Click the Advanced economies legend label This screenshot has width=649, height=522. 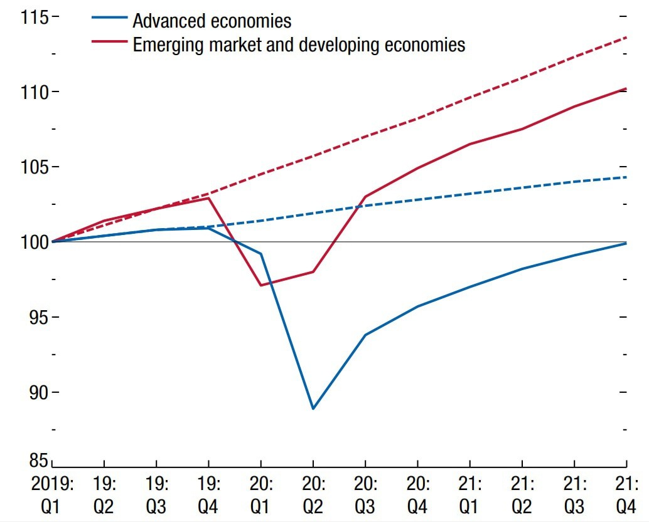212,21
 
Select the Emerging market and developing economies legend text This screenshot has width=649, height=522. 299,44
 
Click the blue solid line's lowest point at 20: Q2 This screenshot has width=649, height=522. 313,409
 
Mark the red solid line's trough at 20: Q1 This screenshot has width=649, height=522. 260,286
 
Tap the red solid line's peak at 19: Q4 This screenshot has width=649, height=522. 208,198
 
